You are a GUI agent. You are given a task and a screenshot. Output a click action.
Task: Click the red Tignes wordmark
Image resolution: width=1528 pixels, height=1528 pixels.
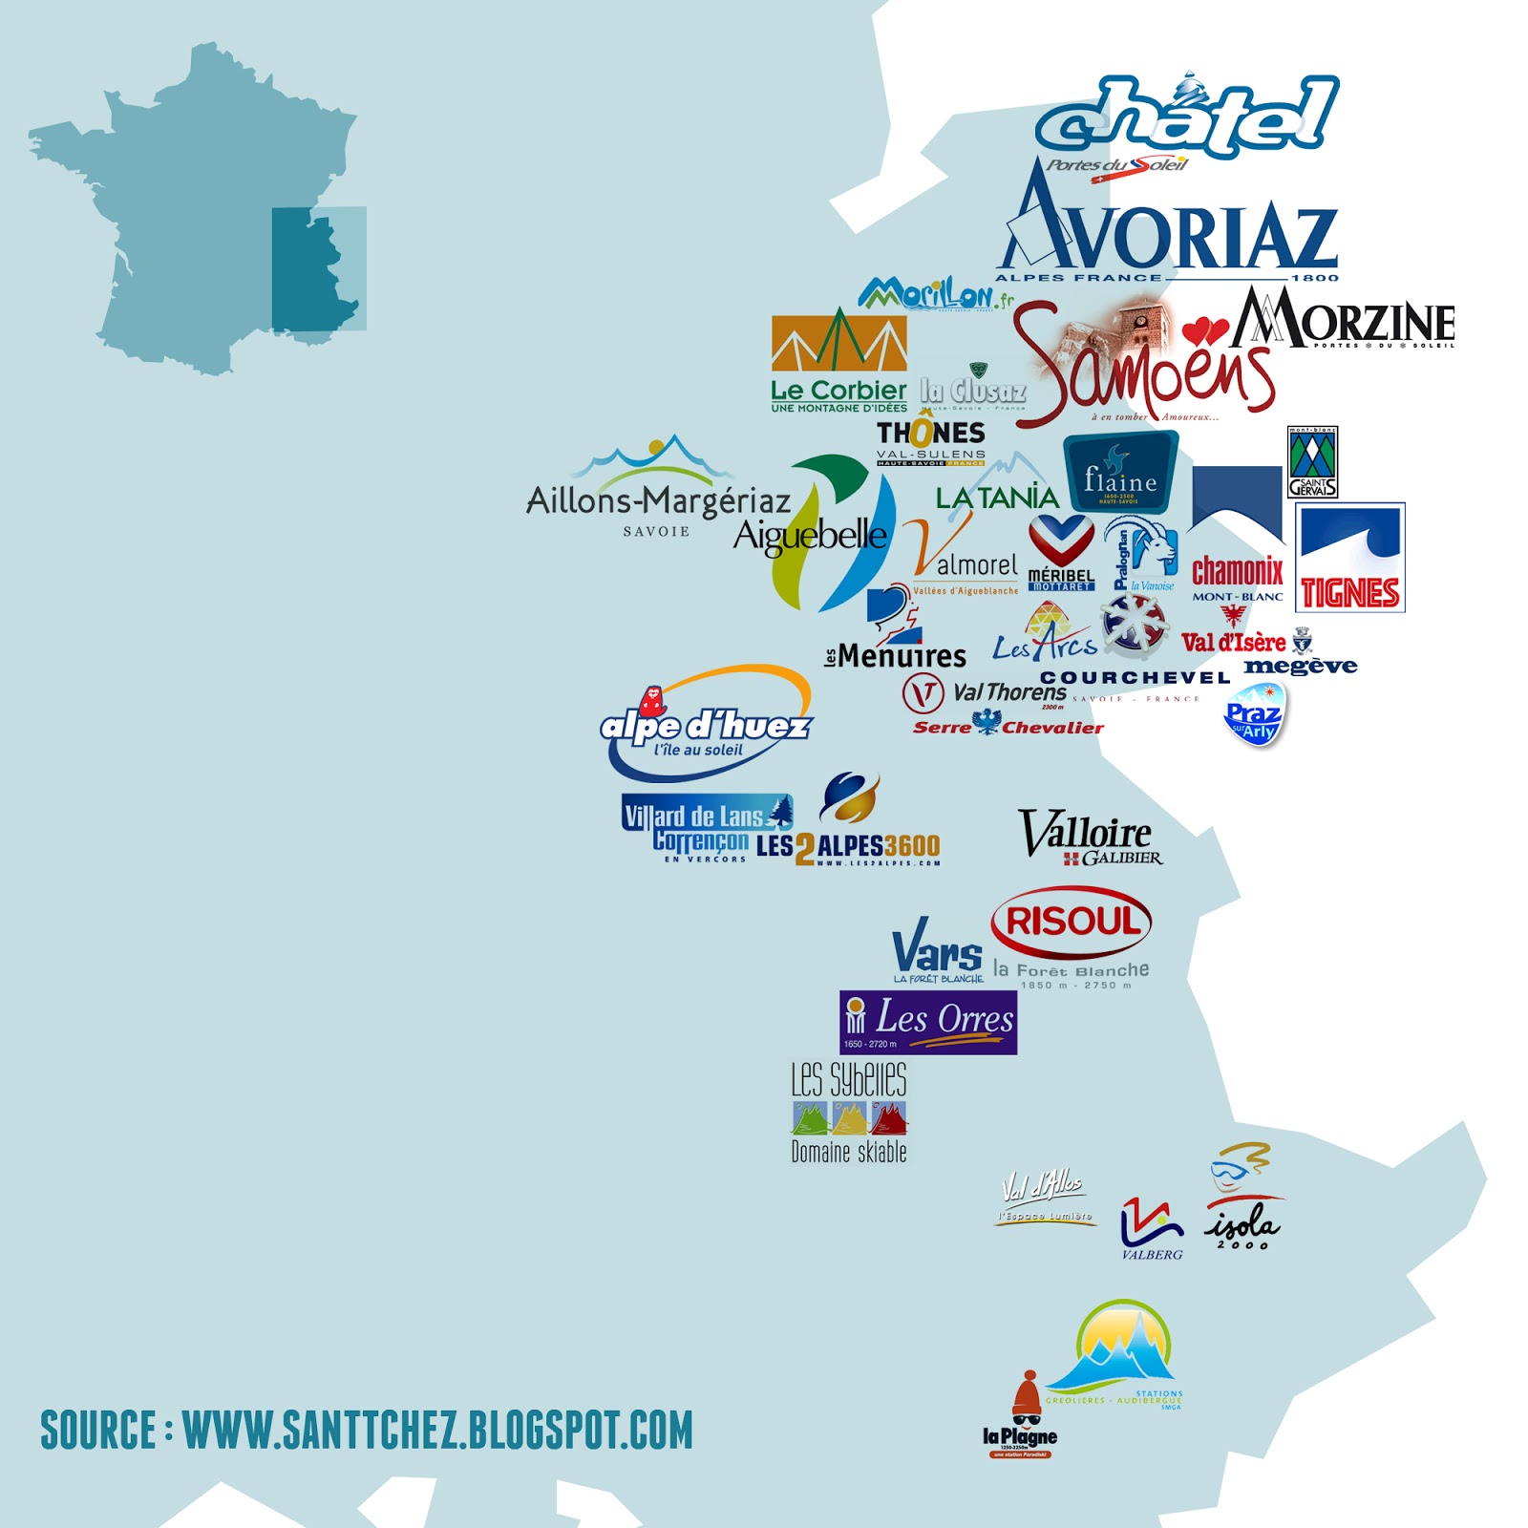[x=1349, y=593]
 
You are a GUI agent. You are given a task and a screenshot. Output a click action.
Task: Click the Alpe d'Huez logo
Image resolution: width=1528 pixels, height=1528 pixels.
[x=706, y=726]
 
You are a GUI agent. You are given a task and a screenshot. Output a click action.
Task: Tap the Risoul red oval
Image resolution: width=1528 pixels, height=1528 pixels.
[x=1072, y=922]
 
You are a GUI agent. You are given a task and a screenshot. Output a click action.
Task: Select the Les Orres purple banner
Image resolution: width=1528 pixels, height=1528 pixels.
[x=927, y=1022]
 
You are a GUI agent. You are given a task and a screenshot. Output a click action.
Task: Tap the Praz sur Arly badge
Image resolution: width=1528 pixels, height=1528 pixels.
[x=1254, y=715]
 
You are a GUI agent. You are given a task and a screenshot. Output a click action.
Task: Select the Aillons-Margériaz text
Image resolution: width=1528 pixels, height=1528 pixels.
[x=658, y=500]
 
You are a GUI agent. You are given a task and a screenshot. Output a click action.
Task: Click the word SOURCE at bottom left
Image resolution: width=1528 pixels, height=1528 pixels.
[x=97, y=1430]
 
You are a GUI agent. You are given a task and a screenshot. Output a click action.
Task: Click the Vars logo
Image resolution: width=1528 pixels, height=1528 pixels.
[x=937, y=949]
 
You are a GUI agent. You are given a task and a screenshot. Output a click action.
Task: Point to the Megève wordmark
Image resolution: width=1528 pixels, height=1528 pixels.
[x=1300, y=666]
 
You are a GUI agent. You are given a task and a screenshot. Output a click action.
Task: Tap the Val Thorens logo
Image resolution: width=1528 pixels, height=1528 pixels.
[x=984, y=692]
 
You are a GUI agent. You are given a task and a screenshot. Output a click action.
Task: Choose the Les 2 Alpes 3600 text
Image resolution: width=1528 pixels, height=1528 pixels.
[x=848, y=847]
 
